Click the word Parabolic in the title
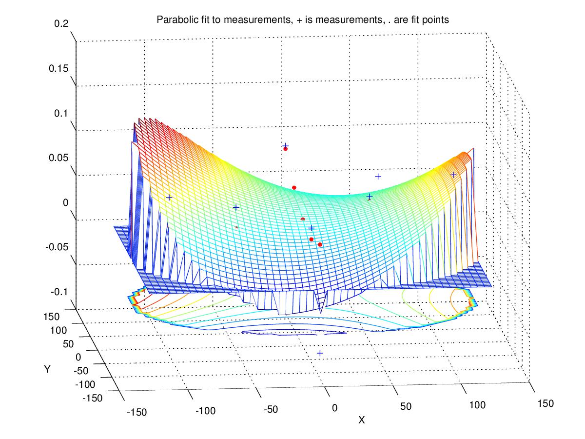pyautogui.click(x=174, y=20)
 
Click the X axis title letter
pyautogui.click(x=361, y=420)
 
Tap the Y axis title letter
pyautogui.click(x=47, y=369)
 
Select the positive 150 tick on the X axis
pyautogui.click(x=545, y=403)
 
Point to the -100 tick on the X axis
pyautogui.click(x=205, y=411)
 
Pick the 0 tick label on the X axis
pyautogui.click(x=334, y=408)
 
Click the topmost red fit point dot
pyautogui.click(x=286, y=149)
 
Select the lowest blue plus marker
pyautogui.click(x=320, y=353)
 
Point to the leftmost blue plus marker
pyautogui.click(x=169, y=198)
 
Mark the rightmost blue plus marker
pyautogui.click(x=453, y=175)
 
